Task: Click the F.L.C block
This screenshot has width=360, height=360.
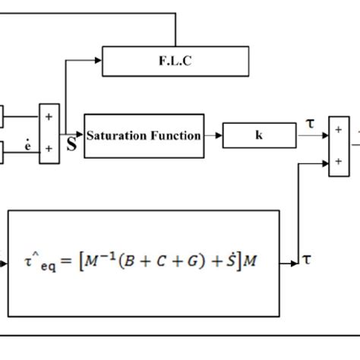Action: [175, 62]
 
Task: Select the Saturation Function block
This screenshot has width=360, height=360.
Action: [144, 136]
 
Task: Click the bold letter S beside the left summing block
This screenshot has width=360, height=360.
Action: [71, 144]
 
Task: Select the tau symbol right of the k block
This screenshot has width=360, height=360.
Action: [309, 124]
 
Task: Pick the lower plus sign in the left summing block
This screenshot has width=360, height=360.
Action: [49, 148]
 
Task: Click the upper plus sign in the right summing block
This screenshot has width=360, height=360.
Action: [338, 129]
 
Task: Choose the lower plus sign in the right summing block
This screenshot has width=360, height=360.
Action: [338, 162]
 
